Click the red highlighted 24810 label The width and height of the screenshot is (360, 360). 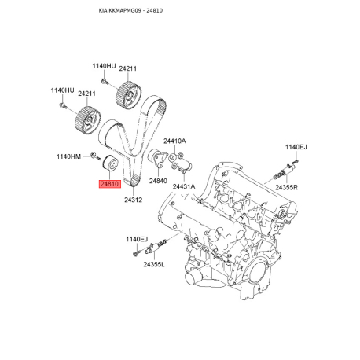110,184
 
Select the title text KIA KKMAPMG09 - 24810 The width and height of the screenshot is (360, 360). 130,10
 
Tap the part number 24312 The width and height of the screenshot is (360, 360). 133,200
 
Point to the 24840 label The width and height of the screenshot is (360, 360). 158,181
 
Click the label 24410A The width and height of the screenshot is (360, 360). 174,141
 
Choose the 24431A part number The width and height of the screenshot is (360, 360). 184,186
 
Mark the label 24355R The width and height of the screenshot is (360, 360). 286,187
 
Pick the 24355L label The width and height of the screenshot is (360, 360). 154,264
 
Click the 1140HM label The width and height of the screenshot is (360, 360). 68,156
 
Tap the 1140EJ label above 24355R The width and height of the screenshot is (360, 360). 296,147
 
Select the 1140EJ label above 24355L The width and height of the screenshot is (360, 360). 137,239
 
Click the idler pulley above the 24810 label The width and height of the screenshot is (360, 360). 110,163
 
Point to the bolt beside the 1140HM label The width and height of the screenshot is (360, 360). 95,156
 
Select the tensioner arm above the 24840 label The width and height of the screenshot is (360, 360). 157,158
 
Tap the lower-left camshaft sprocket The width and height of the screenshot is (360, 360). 87,119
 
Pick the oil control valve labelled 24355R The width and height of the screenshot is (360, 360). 284,171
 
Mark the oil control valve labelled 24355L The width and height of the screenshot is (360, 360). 156,247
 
